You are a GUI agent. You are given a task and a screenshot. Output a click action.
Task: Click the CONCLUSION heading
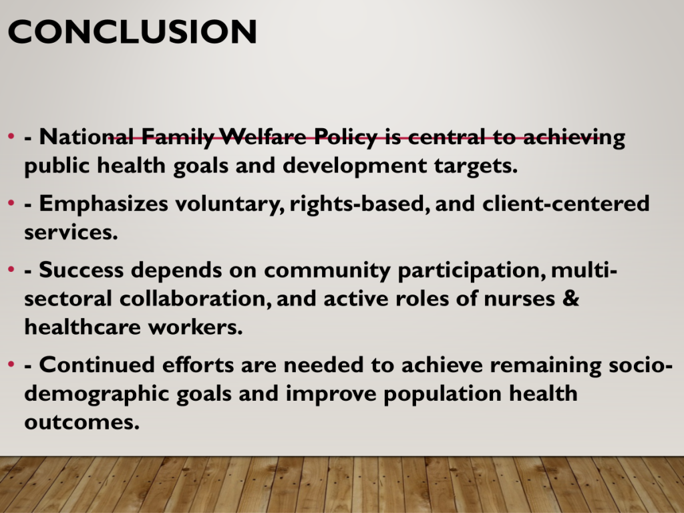pyautogui.click(x=132, y=31)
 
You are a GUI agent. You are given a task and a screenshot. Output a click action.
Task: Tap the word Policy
pyautogui.click(x=345, y=138)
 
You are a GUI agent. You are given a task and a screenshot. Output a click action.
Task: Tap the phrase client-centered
pyautogui.click(x=566, y=203)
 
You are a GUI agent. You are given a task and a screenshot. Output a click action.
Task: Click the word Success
pyautogui.click(x=81, y=270)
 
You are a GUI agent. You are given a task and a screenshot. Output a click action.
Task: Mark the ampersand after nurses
pyautogui.click(x=571, y=299)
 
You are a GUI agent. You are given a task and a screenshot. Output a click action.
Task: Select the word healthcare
pyautogui.click(x=82, y=327)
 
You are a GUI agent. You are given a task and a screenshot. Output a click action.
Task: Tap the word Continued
pyautogui.click(x=97, y=365)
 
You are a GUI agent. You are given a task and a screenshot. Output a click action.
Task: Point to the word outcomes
pyautogui.click(x=82, y=422)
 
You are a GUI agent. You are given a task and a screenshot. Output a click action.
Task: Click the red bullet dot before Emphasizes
pyautogui.click(x=11, y=203)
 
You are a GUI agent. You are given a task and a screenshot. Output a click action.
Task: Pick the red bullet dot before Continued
pyautogui.click(x=11, y=364)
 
